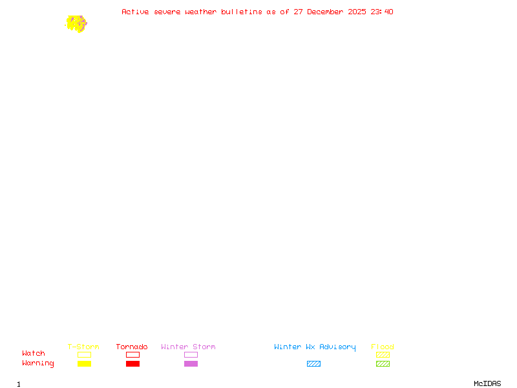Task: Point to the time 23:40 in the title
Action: click(382, 12)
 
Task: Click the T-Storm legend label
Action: click(83, 347)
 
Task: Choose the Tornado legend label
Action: click(132, 347)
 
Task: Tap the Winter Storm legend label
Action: click(188, 347)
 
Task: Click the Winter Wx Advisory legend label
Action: click(315, 347)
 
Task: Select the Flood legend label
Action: click(383, 347)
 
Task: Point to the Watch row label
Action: click(34, 354)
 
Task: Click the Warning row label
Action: click(38, 363)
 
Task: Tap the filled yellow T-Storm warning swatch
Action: click(84, 364)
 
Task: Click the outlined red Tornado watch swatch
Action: click(132, 355)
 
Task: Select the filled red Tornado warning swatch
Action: click(132, 364)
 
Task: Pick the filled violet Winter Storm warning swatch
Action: click(191, 364)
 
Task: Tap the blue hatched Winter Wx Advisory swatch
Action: click(313, 364)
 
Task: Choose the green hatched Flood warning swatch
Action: click(383, 364)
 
